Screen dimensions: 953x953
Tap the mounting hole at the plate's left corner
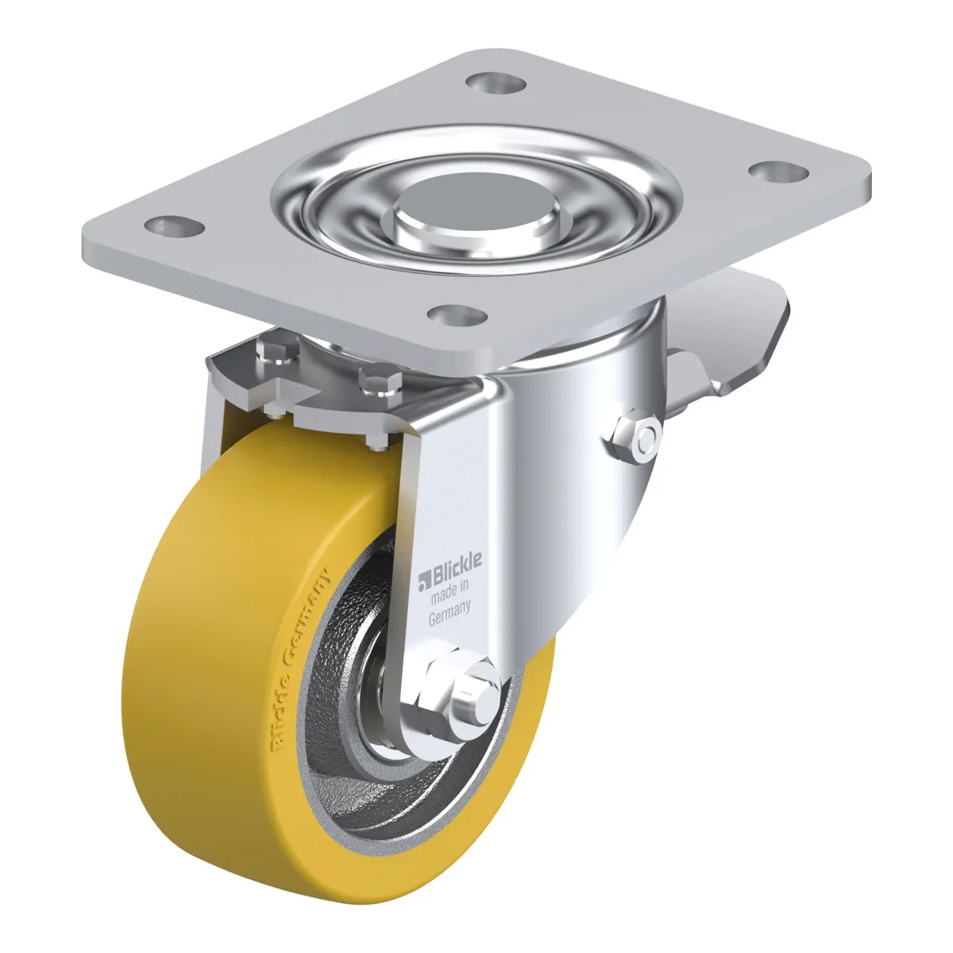click(175, 227)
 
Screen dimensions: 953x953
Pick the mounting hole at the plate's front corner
click(457, 314)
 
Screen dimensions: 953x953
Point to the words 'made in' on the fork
click(449, 594)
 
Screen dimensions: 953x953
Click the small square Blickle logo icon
click(424, 583)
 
